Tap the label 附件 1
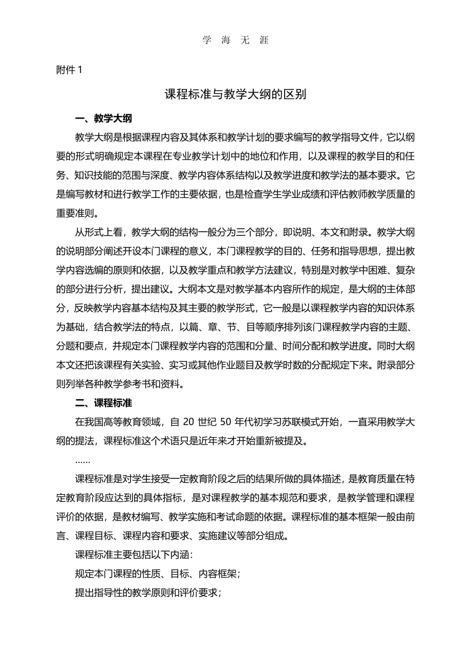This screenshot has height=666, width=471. point(69,71)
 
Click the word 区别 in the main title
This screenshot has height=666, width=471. point(296,95)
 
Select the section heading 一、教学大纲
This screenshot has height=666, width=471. point(103,119)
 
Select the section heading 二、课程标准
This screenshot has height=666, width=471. point(103,403)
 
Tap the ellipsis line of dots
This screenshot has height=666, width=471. point(83,460)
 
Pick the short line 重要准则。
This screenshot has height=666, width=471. point(79,213)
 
